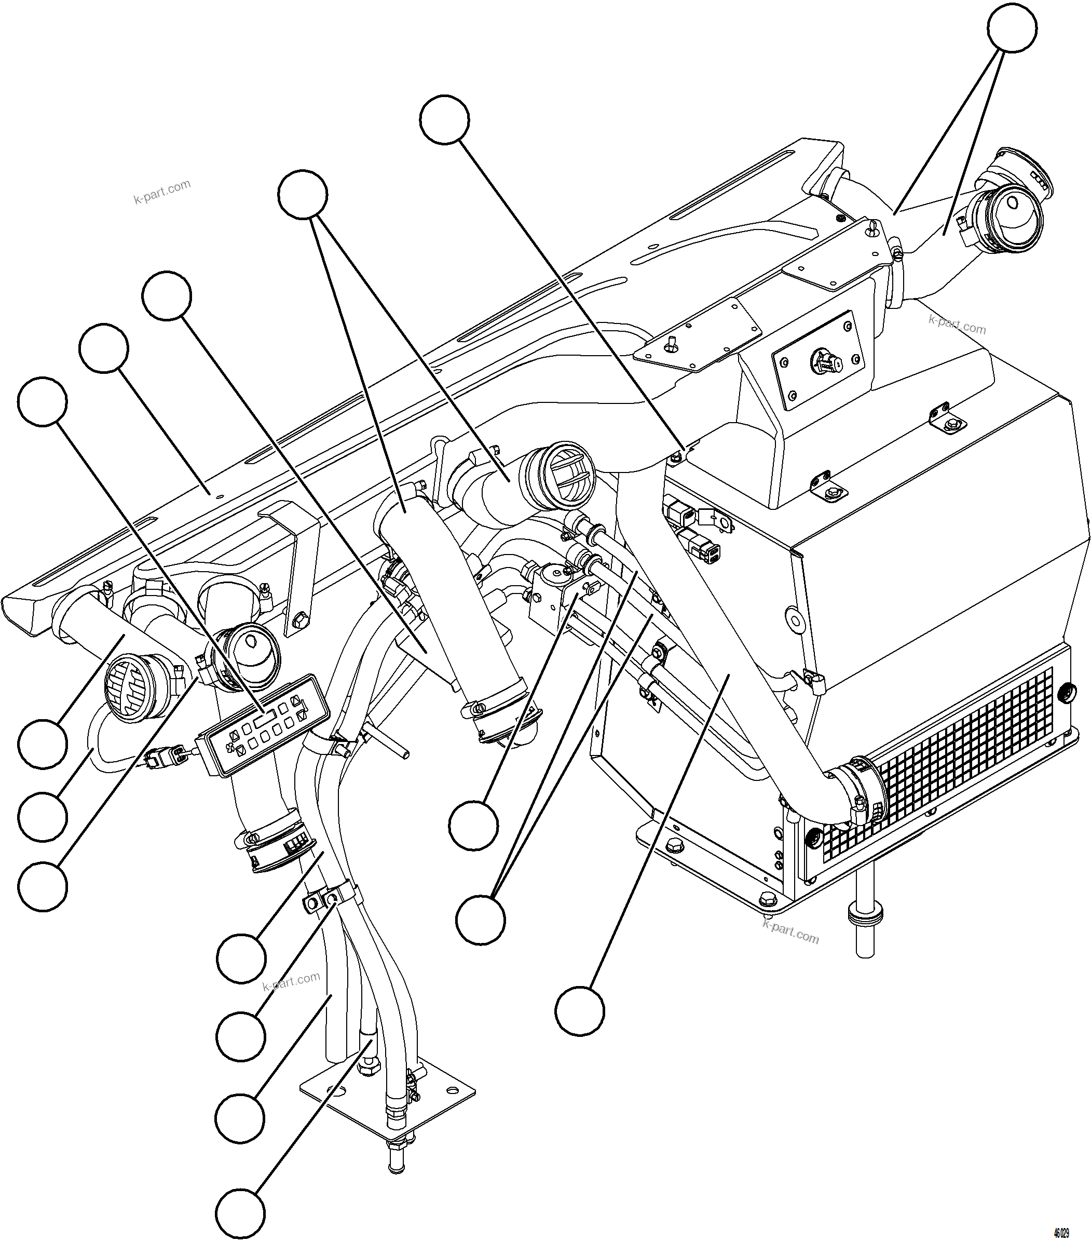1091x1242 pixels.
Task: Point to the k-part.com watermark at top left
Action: tap(161, 192)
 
